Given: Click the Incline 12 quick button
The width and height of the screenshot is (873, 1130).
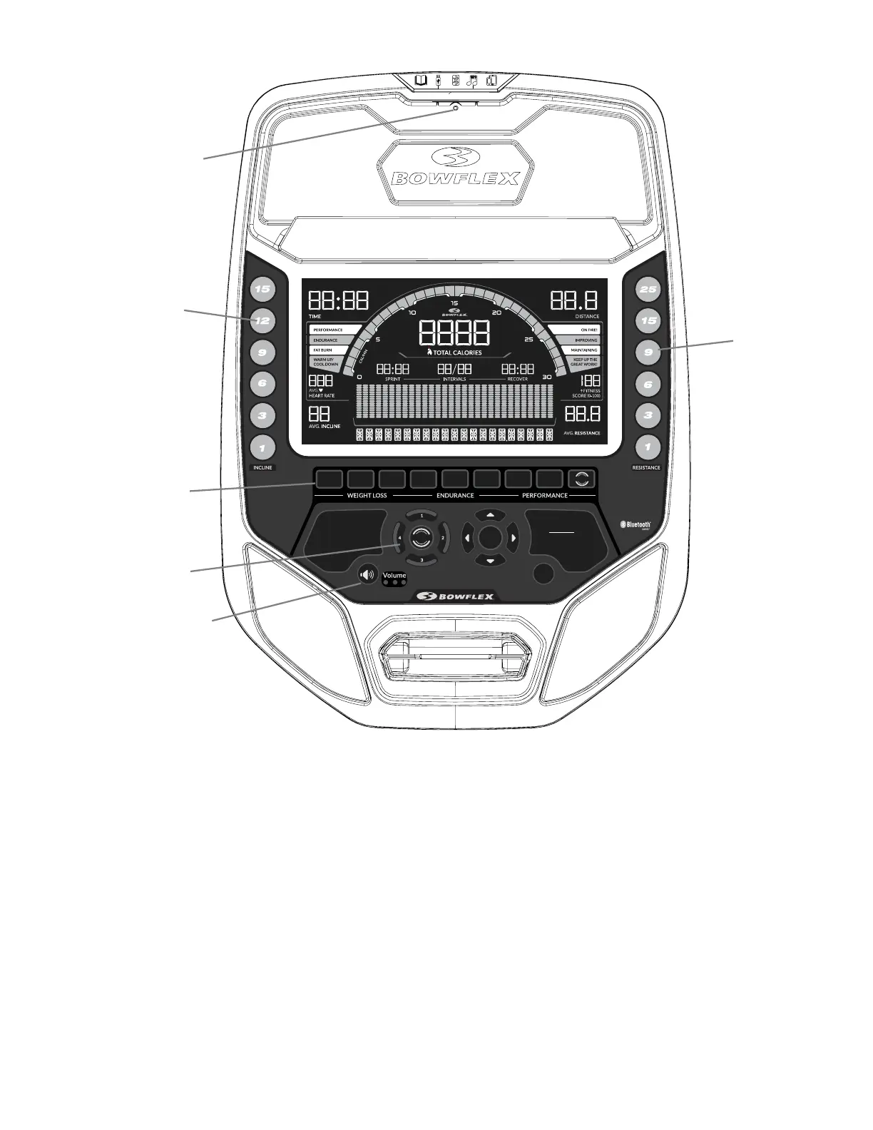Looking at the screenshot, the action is point(262,321).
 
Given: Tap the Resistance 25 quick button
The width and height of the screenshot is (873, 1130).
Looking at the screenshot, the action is point(648,290).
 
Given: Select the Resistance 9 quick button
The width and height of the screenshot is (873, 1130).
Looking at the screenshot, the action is point(648,352).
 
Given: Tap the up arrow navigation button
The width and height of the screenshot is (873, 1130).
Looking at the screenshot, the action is point(490,515).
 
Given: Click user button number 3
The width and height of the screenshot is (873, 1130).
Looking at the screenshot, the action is point(422,560).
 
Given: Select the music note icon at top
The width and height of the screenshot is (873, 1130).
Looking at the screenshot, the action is point(471,81).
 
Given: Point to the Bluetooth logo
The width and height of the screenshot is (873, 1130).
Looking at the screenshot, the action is point(635,524).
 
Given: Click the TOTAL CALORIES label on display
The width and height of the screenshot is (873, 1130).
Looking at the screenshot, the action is point(456,352).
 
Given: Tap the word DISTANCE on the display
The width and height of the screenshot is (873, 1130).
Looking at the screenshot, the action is point(587,316).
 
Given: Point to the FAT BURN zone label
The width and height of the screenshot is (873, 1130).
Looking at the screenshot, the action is point(322,350).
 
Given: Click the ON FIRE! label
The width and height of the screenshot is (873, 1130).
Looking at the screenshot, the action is point(588,330).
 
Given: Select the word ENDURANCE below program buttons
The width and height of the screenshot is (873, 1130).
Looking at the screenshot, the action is point(455,495).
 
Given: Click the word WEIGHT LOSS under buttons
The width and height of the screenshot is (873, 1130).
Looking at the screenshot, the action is point(367,495).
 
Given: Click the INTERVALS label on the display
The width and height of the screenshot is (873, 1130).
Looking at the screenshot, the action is point(454,380).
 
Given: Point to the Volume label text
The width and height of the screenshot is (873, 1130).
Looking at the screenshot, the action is point(394,575).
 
